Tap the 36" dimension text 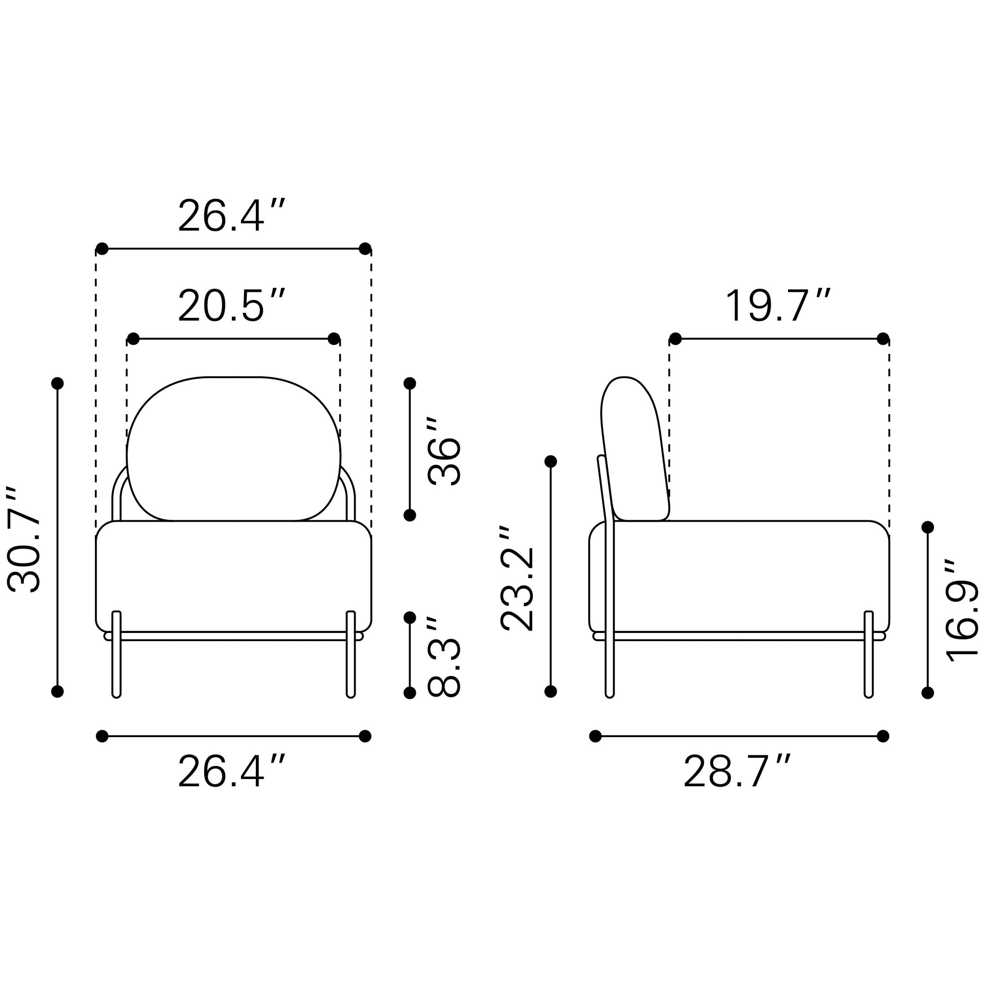pos(444,451)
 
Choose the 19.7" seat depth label pos(778,306)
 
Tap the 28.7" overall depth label pos(738,771)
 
